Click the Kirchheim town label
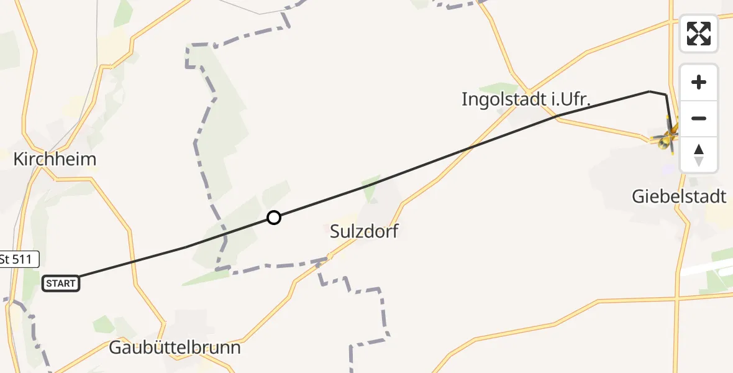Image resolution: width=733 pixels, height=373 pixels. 55,159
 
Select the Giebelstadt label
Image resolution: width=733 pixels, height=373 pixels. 679,197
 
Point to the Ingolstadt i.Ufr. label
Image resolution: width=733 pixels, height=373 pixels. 525,99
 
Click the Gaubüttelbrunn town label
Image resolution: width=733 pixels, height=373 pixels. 175,348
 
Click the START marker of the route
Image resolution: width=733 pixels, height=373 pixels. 61,284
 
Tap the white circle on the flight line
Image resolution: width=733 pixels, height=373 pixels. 274,218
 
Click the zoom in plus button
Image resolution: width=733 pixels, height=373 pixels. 699,82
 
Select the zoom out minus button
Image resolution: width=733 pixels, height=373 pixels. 699,118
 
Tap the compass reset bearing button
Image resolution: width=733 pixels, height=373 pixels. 699,154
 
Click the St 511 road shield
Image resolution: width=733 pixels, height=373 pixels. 19,259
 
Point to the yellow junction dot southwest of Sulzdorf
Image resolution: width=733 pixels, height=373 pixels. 329,256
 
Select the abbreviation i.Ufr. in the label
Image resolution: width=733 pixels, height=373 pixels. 570,99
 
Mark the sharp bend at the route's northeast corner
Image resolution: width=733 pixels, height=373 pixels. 649,91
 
